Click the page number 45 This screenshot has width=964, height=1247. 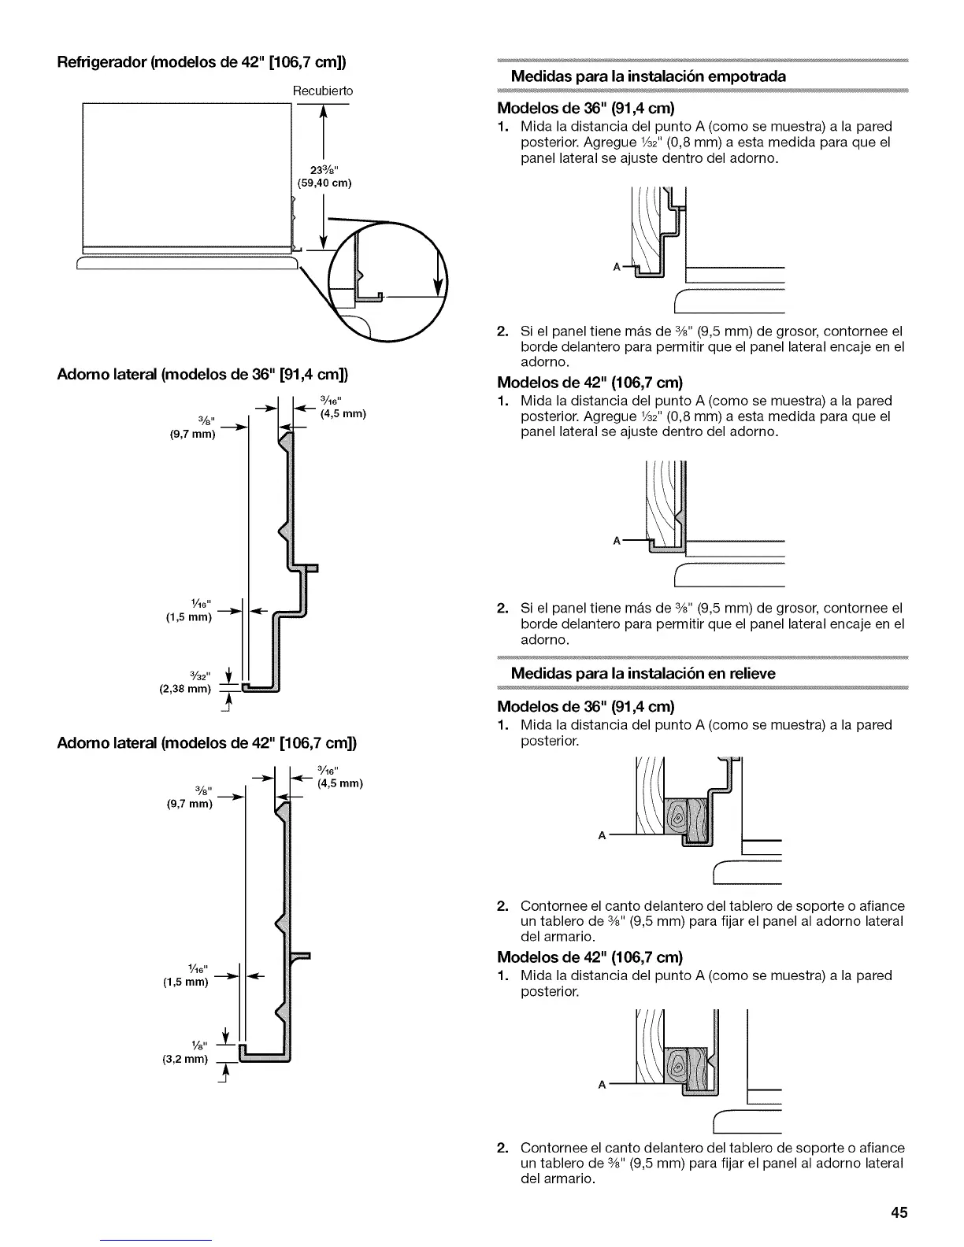[899, 1213]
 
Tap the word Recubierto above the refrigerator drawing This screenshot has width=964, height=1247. [323, 91]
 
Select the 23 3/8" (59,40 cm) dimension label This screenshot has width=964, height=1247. [323, 176]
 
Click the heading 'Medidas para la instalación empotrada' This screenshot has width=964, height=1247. [648, 76]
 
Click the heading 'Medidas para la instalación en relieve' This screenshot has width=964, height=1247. [643, 673]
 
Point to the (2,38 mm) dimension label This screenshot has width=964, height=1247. [186, 689]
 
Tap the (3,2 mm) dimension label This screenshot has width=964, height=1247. [185, 1059]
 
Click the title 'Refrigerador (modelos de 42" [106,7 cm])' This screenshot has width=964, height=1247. [203, 62]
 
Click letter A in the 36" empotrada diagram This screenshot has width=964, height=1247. [617, 267]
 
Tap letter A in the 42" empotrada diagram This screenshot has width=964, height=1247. [617, 541]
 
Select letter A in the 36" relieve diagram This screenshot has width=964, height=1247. [602, 836]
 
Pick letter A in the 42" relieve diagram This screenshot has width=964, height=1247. [602, 1085]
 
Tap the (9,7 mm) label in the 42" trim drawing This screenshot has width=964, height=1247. [189, 804]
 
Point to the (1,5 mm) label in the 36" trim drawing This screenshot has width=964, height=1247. [188, 617]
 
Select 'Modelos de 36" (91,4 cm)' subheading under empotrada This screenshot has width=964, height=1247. [588, 107]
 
